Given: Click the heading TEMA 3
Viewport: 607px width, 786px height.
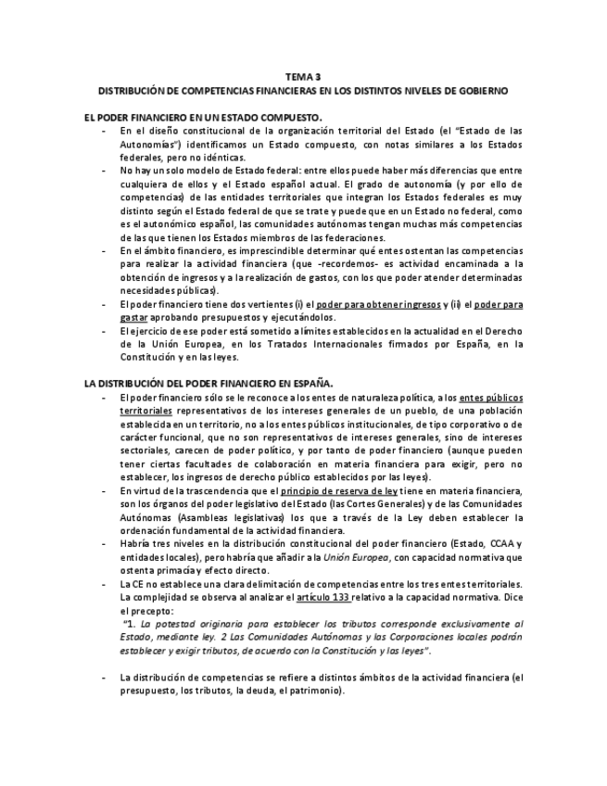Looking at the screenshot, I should [303, 78].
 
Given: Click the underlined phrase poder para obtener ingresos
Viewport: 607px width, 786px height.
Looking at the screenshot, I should [379, 304].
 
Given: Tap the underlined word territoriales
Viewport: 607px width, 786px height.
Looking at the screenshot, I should [146, 410].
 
